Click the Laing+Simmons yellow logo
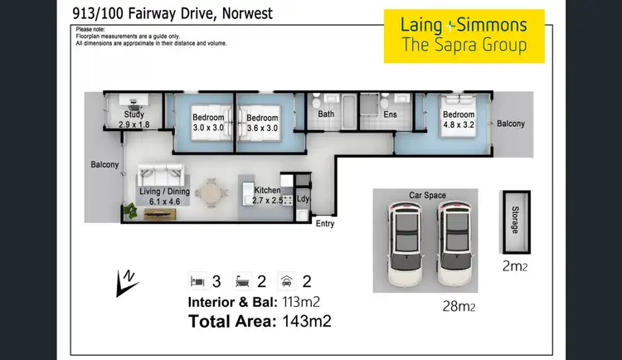(x=464, y=36)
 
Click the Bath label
(x=326, y=114)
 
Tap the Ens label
(x=391, y=114)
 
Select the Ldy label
(x=303, y=199)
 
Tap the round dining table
(x=213, y=193)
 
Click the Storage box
(x=516, y=218)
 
